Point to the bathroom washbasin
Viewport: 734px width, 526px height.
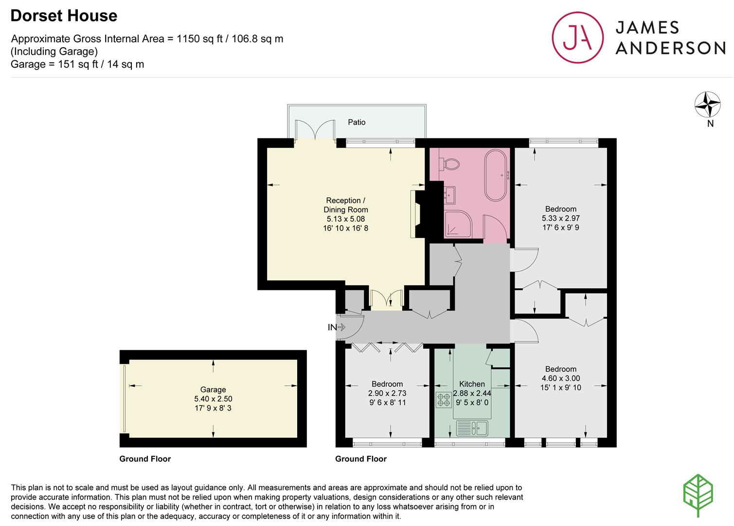(449, 195)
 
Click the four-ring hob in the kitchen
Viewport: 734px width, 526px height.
(443, 400)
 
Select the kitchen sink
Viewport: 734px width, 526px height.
(472, 428)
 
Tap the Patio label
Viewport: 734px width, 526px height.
(357, 122)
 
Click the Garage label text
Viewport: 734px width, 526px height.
(213, 390)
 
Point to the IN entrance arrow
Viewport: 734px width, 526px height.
(336, 327)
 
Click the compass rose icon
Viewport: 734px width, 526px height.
(707, 105)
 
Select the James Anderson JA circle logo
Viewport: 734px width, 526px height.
(577, 38)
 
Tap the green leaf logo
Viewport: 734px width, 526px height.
(698, 495)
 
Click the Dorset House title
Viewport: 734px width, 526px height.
(64, 16)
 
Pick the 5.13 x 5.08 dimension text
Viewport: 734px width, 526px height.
(345, 219)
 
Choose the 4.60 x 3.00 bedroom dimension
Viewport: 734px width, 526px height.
(561, 378)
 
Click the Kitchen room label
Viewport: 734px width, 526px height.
(472, 384)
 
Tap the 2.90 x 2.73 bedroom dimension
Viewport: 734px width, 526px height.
(387, 394)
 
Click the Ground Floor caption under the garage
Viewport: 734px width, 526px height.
(145, 459)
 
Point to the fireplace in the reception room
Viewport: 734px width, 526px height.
(415, 214)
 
